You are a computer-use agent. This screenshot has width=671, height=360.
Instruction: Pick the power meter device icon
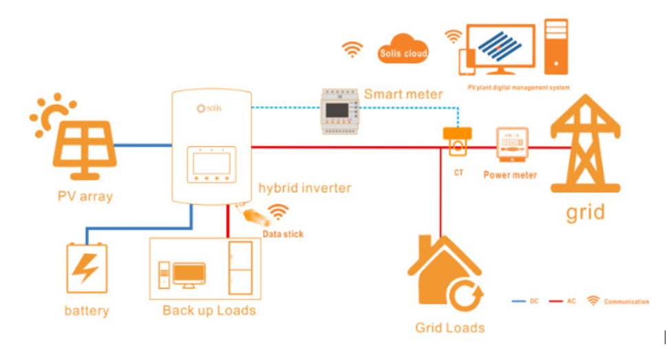(x=511, y=146)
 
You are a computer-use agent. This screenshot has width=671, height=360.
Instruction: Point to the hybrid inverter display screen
(x=212, y=164)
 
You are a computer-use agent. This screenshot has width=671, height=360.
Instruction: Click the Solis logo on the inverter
(x=209, y=108)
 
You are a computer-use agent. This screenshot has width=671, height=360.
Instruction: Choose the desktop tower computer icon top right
(x=555, y=47)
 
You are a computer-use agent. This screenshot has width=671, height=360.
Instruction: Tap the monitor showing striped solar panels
(x=500, y=49)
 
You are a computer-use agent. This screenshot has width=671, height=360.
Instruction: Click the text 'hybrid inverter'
(x=305, y=188)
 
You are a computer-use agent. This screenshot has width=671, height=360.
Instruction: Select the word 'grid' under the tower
(x=586, y=211)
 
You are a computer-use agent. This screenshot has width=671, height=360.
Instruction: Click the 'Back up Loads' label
(x=209, y=310)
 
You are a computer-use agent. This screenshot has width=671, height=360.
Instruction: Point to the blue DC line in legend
(x=520, y=301)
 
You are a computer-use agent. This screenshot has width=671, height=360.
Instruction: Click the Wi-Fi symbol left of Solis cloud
(x=352, y=49)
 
